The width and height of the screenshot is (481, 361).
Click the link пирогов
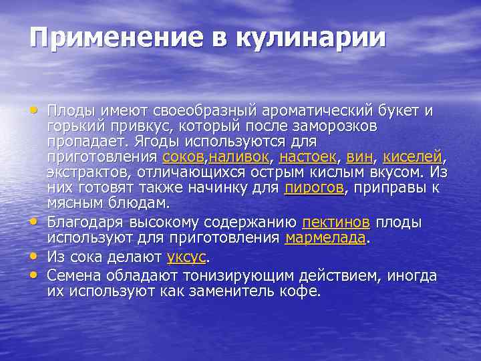point(313,188)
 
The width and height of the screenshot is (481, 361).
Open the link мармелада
point(325,238)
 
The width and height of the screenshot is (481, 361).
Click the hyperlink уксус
point(186,257)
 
